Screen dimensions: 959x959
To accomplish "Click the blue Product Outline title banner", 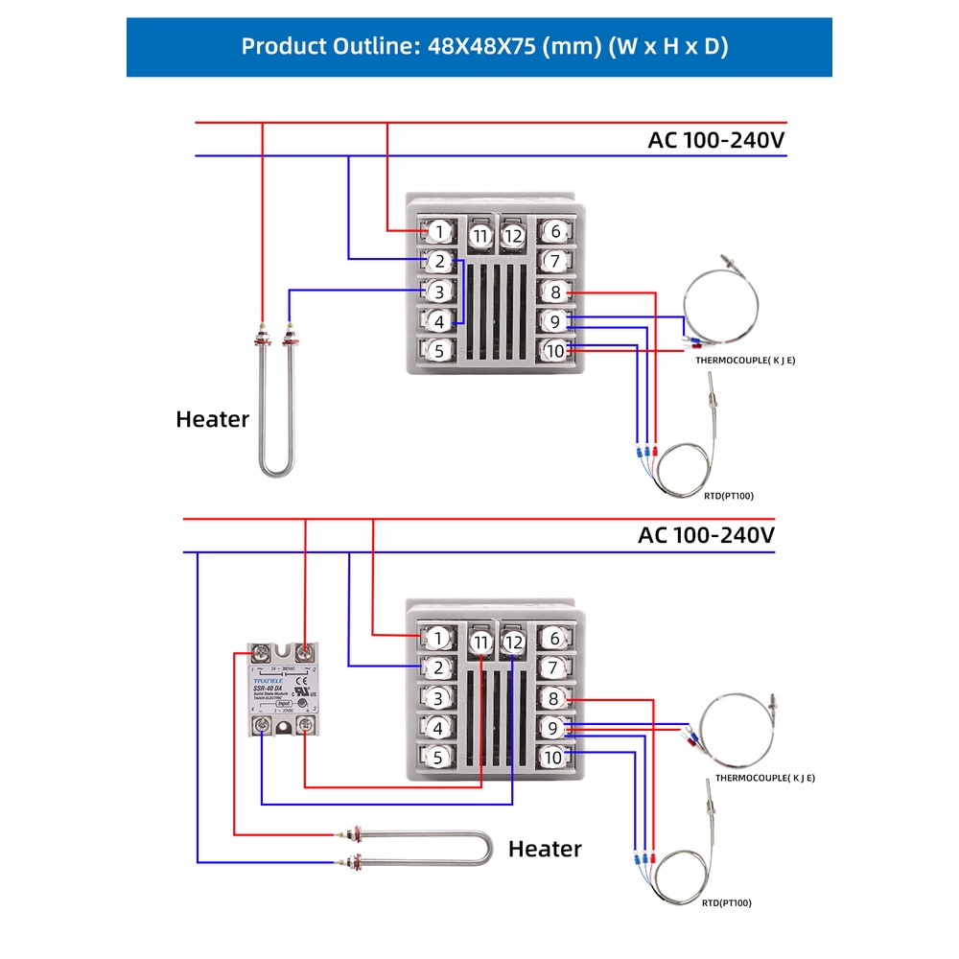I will point(479,46).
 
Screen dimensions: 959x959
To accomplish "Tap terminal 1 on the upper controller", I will point(438,231).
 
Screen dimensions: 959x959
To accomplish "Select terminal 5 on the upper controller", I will point(438,350).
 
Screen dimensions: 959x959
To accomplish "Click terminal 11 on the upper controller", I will point(480,235).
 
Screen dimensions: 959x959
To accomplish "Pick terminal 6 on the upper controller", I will point(554,231).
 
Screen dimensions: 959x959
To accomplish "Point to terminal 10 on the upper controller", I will point(554,351).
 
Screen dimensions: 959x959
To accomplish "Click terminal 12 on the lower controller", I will point(513,642).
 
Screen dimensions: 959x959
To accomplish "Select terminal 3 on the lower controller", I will point(438,698).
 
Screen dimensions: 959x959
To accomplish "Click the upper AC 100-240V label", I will point(716,140).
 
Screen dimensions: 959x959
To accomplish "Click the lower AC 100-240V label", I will point(706,535).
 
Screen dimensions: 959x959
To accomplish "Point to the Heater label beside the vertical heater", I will point(212,419).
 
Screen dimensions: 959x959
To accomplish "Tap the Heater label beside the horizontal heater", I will point(545,849).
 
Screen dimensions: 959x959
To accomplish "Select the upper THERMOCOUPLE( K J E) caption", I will point(745,360).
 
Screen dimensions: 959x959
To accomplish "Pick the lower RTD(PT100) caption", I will point(728,902).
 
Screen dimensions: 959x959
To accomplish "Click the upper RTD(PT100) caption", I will point(728,496).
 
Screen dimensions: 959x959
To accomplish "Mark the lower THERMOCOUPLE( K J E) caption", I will point(765,778).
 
